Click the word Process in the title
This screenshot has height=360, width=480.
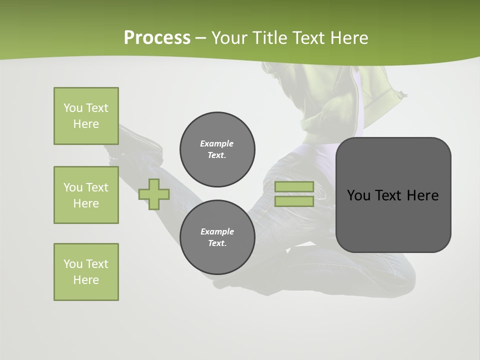157,38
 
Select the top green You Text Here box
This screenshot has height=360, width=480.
86,116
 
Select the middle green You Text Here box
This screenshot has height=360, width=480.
86,195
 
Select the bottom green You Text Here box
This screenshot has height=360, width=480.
86,272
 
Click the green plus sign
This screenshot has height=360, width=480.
154,194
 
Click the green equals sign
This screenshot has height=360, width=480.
294,194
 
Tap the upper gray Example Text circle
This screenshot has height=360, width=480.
217,149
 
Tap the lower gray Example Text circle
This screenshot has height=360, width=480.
217,237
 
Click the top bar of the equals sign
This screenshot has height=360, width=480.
294,186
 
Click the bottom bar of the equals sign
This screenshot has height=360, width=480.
294,201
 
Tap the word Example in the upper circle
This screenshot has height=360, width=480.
216,143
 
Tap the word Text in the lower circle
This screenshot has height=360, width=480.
217,243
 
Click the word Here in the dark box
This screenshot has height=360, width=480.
422,195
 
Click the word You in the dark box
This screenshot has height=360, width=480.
358,195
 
